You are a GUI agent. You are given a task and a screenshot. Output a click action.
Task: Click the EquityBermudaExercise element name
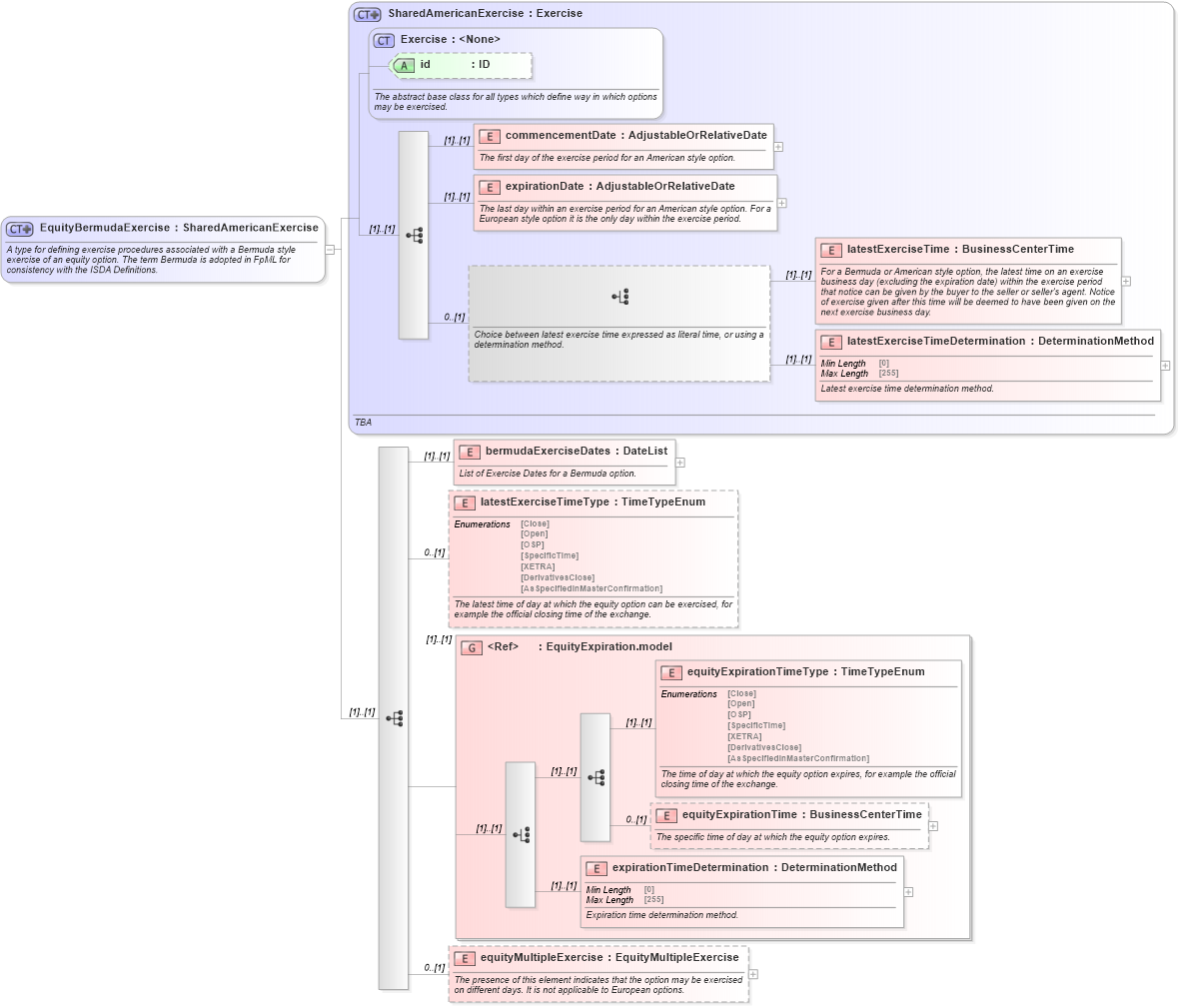tap(105, 228)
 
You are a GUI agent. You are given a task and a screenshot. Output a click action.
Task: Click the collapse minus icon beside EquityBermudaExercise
tap(330, 250)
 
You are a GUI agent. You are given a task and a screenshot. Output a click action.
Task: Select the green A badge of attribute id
tap(405, 65)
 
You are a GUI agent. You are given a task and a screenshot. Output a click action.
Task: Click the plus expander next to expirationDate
tap(781, 203)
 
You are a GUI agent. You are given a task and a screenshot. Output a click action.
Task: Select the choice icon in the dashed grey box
tap(620, 297)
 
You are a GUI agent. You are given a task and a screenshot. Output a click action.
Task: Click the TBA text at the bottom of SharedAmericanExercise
tap(363, 423)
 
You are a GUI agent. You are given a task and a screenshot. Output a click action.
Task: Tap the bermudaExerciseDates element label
tap(548, 452)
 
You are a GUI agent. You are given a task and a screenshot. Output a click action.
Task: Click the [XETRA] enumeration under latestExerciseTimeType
tap(538, 566)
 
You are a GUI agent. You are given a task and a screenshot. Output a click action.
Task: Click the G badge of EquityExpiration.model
tap(472, 647)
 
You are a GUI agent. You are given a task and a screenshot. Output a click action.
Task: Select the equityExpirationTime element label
tap(739, 815)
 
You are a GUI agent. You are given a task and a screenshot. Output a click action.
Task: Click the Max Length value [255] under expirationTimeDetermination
tap(653, 900)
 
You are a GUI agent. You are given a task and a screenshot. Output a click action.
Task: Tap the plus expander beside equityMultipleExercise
tap(752, 974)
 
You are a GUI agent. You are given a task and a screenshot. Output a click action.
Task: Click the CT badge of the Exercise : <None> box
tap(384, 40)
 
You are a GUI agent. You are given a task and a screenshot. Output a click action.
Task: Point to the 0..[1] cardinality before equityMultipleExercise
tap(434, 968)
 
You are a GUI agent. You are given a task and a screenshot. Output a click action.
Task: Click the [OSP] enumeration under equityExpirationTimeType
tap(739, 714)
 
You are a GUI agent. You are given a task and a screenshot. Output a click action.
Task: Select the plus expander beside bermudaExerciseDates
tap(680, 463)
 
